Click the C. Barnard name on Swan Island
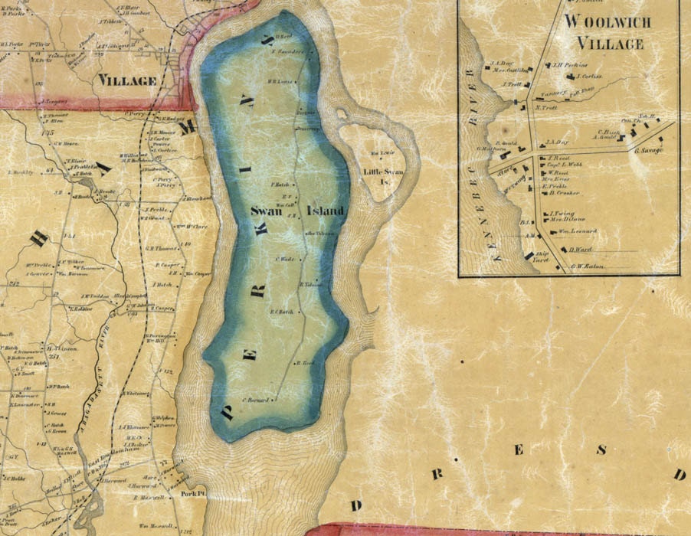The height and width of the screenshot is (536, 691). (x=257, y=399)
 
